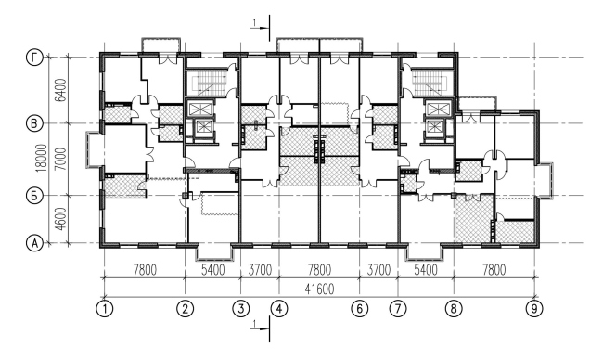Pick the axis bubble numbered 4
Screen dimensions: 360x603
[277, 308]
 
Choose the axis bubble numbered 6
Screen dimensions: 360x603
[360, 308]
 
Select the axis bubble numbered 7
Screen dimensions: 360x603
[400, 308]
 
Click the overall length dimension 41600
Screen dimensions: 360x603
[320, 289]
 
